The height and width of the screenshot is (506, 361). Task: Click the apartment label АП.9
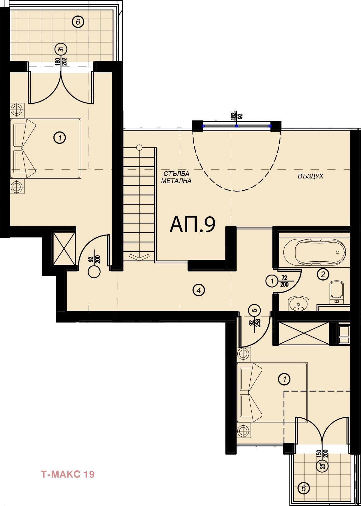(x=192, y=224)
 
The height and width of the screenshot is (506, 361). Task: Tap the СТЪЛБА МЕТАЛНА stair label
(x=176, y=177)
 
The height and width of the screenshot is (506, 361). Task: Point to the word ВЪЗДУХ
(x=311, y=176)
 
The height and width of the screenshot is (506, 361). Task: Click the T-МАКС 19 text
(x=68, y=474)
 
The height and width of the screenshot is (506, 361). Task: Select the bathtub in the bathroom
(x=315, y=252)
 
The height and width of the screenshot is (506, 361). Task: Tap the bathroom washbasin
(x=298, y=304)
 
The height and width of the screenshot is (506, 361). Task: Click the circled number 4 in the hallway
(x=199, y=290)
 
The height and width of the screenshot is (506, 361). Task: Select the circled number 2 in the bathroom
(x=323, y=274)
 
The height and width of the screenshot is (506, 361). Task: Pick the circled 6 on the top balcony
(x=78, y=22)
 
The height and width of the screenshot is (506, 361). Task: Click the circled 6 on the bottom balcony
(x=304, y=488)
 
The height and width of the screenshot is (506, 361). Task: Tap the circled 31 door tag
(x=61, y=49)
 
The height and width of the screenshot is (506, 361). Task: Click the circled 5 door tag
(x=254, y=310)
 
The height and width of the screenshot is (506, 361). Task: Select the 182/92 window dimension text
(x=237, y=116)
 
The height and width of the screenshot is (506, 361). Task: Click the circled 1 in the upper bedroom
(x=60, y=137)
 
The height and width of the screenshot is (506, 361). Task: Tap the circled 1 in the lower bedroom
(x=284, y=379)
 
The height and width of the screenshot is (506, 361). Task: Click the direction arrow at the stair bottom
(x=139, y=257)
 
